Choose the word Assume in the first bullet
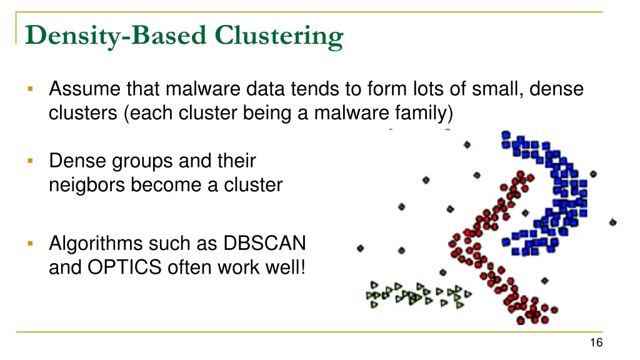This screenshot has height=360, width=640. pyautogui.click(x=85, y=89)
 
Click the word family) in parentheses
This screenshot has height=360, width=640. pyautogui.click(x=424, y=114)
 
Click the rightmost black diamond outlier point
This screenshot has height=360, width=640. pyautogui.click(x=612, y=222)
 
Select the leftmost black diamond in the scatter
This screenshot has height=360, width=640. pyautogui.click(x=360, y=248)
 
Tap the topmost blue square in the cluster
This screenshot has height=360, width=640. pyautogui.click(x=506, y=134)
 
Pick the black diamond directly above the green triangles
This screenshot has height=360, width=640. pyautogui.click(x=443, y=272)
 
